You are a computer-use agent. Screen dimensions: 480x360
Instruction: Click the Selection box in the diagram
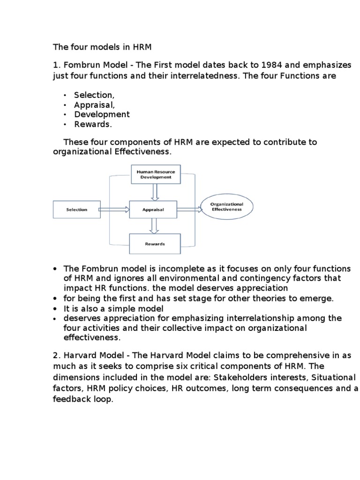click(x=76, y=210)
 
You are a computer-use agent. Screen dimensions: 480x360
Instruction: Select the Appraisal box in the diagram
click(x=153, y=210)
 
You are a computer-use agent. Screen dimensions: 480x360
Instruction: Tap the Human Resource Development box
click(x=153, y=175)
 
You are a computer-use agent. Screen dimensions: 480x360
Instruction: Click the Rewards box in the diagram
click(x=154, y=244)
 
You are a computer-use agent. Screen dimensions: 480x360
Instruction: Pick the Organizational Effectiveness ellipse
click(x=226, y=207)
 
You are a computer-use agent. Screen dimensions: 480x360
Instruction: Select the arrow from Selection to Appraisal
click(x=115, y=210)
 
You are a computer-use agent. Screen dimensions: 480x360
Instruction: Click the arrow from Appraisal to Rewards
click(x=153, y=226)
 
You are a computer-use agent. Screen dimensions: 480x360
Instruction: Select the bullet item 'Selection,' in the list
click(x=94, y=95)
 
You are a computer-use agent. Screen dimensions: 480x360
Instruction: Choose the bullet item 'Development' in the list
click(x=102, y=114)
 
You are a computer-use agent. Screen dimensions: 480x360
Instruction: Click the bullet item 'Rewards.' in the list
click(x=93, y=124)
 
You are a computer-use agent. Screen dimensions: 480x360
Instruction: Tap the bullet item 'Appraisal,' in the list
click(x=94, y=105)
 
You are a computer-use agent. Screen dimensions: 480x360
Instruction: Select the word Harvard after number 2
click(x=78, y=356)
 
